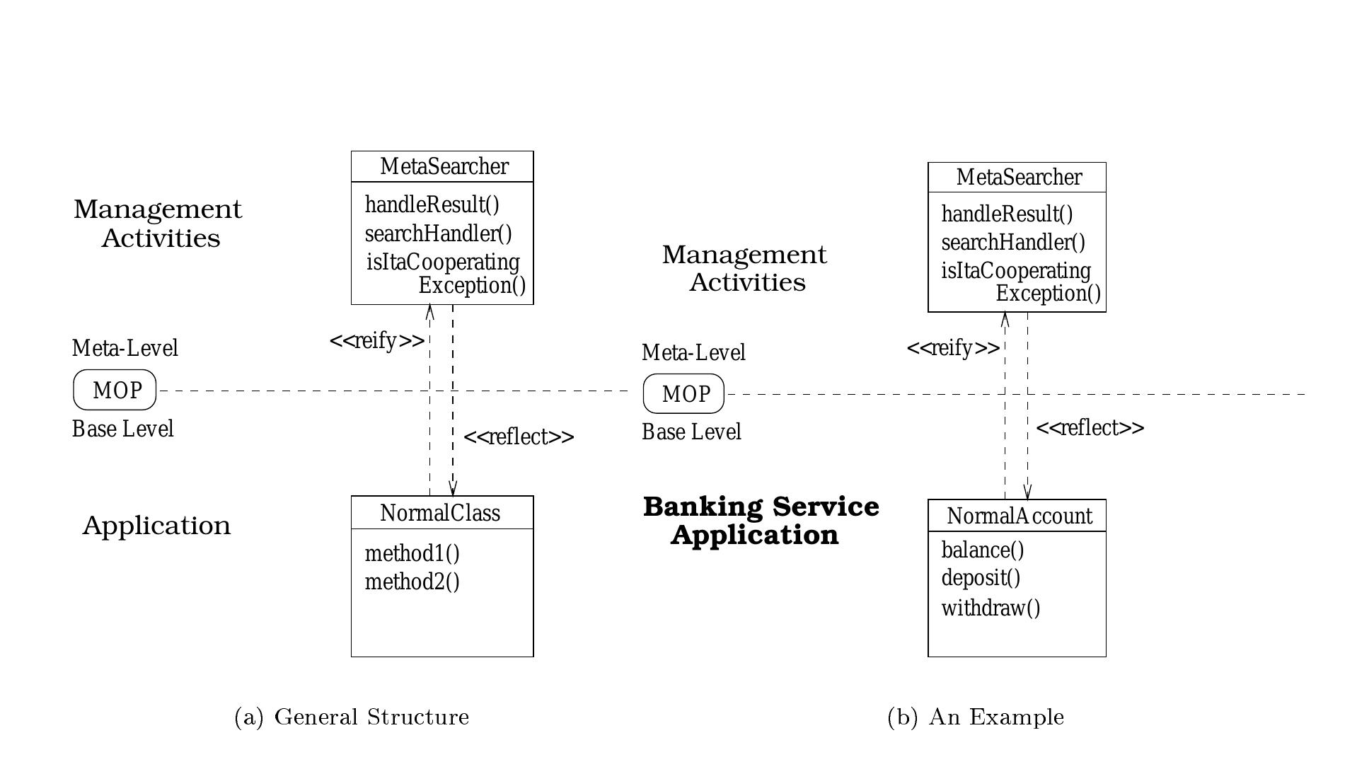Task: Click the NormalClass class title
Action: coord(440,513)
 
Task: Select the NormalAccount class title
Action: coord(1019,516)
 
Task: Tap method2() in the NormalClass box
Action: coord(412,582)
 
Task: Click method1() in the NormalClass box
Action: coord(412,554)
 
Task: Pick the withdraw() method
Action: coord(991,608)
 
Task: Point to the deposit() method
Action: coord(981,578)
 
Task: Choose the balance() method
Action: coord(982,550)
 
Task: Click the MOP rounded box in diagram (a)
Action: coord(115,390)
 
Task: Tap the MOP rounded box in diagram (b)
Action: coord(683,394)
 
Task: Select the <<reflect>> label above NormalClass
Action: coord(519,437)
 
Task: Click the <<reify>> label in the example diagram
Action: coord(953,348)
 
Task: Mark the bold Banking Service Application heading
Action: coord(760,521)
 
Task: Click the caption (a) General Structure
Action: coord(352,717)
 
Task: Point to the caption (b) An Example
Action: coord(975,717)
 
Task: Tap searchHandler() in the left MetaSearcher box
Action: coord(438,233)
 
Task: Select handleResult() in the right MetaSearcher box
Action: coord(1007,214)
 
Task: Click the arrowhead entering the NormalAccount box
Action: coord(1027,493)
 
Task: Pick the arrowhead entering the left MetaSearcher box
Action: coord(429,311)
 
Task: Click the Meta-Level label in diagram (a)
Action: coord(125,348)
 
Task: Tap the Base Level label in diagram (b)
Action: coord(691,432)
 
